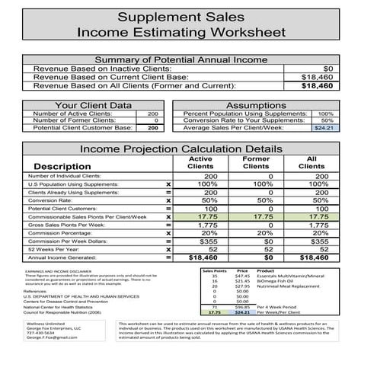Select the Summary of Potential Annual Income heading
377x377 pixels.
pos(188,59)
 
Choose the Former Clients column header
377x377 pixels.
pos(256,162)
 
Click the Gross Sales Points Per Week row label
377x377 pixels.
pos(66,225)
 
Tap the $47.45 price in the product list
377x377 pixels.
pos(242,276)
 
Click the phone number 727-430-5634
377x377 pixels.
pos(40,333)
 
